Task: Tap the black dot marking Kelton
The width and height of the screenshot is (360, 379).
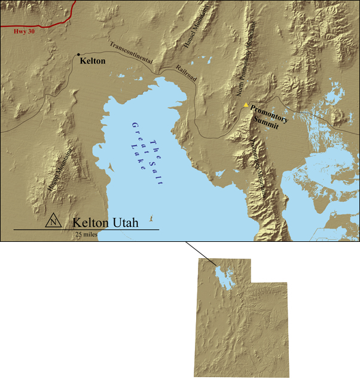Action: coord(78,54)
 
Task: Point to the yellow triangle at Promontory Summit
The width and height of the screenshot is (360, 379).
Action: coord(245,105)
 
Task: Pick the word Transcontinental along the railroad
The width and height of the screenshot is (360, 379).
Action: coord(131,52)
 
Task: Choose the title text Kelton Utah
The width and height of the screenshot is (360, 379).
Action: coord(105,222)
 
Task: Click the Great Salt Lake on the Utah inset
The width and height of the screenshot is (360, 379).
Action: coord(222,278)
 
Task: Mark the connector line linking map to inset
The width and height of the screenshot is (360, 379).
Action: coord(200,253)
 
